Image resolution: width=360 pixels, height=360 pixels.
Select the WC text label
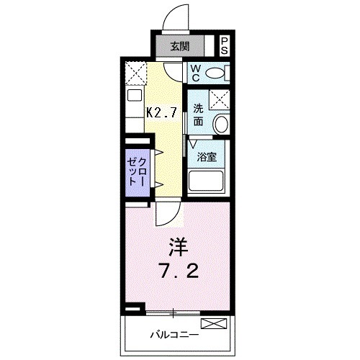click(194, 73)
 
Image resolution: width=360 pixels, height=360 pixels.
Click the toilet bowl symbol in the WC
click(217, 73)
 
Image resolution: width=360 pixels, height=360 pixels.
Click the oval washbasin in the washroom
click(221, 123)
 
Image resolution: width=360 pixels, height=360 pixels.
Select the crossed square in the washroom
click(219, 99)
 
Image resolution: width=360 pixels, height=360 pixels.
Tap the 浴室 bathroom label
click(207, 156)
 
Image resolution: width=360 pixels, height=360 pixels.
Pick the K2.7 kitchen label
click(163, 112)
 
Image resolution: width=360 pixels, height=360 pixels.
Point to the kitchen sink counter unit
click(134, 108)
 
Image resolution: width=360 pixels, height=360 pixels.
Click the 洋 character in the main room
click(178, 247)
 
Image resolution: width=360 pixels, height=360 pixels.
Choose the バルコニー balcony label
click(175, 334)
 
